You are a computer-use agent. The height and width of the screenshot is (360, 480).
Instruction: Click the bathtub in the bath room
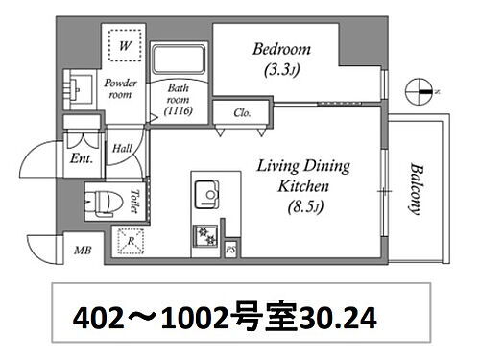coord(179,60)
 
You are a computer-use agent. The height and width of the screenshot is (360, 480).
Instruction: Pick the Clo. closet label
coord(243,113)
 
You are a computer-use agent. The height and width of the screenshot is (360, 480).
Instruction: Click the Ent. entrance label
coord(82,158)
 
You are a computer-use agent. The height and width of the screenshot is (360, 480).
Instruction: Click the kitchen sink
coord(206,193)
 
